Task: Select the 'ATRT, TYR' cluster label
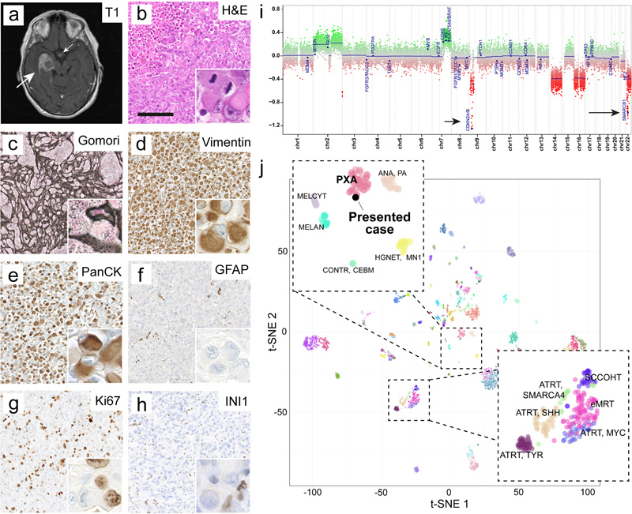tap(524, 455)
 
